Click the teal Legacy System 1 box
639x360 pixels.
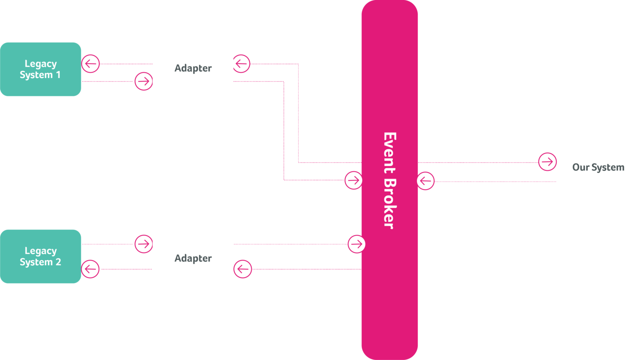pos(40,69)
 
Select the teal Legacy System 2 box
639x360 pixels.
pos(40,256)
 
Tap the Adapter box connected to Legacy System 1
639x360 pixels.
pos(193,69)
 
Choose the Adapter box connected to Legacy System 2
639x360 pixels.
pos(193,257)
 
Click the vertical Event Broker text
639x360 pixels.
pos(389,180)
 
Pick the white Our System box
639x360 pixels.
pos(598,167)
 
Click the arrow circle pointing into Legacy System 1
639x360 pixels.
pos(91,64)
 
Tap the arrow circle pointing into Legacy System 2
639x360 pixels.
pos(91,269)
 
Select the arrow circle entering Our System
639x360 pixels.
pos(547,162)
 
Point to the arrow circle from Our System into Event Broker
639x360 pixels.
pos(425,181)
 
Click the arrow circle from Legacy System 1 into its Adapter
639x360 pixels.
pos(144,81)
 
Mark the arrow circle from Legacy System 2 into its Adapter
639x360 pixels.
pos(144,244)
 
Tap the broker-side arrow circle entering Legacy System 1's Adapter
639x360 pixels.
pos(241,64)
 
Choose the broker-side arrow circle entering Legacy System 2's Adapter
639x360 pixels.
pos(243,269)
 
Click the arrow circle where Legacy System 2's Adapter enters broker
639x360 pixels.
pos(356,244)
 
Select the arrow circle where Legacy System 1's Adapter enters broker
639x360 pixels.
pos(353,180)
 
